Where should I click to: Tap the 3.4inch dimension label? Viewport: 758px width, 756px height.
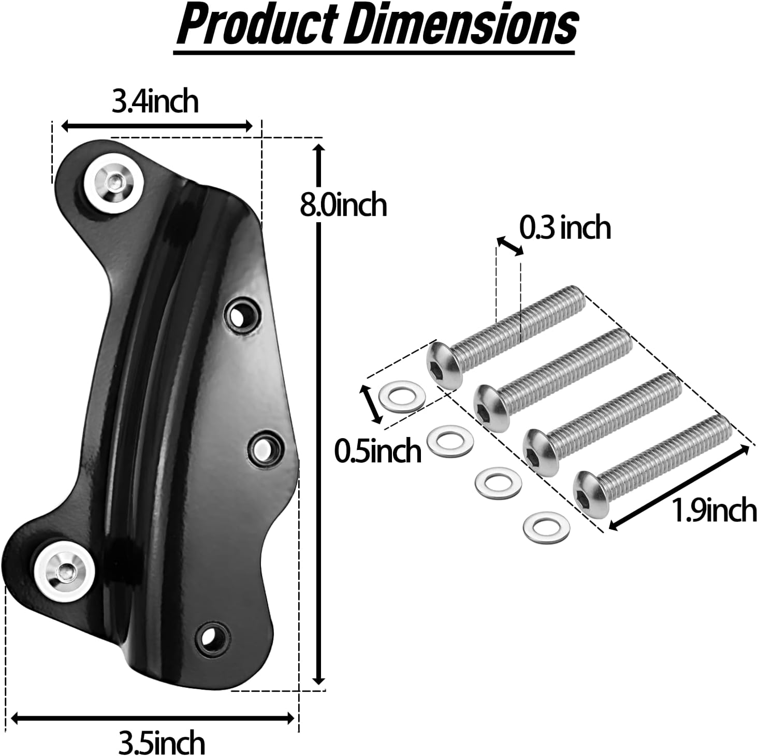point(155,101)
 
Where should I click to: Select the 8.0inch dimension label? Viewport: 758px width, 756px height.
point(343,205)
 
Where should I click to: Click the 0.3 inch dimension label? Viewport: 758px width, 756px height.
point(565,227)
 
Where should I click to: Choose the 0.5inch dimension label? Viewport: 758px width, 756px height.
point(377,450)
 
